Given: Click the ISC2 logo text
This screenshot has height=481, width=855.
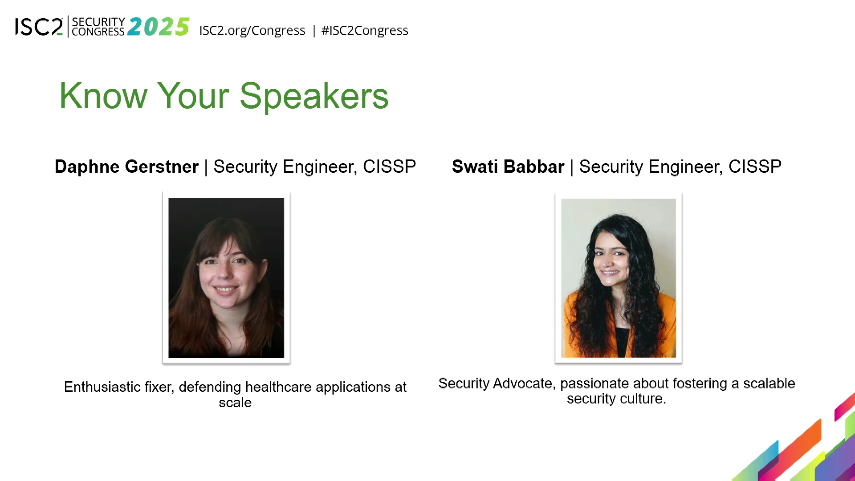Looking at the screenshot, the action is coord(39,27).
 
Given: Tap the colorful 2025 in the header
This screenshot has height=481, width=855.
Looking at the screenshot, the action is coord(159,27).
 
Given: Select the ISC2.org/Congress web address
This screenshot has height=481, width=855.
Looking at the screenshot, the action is coord(252,30).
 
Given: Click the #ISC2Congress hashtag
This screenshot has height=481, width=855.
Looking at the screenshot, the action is coord(365,30).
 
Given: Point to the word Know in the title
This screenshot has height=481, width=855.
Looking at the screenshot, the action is coord(103,96).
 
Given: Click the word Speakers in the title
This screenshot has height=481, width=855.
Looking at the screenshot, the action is coord(314,96).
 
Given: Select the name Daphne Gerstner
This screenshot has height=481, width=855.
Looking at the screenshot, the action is coord(126,167).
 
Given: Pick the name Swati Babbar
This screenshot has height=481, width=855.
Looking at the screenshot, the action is coord(508,167).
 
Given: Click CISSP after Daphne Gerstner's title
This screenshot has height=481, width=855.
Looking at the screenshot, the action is coord(389,167).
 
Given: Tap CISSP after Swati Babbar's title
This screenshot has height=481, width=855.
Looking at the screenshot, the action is coord(755,167).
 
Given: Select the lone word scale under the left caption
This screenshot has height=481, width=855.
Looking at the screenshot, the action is coord(235,403).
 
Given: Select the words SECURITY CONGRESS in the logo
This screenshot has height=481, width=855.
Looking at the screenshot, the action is coord(98,27).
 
